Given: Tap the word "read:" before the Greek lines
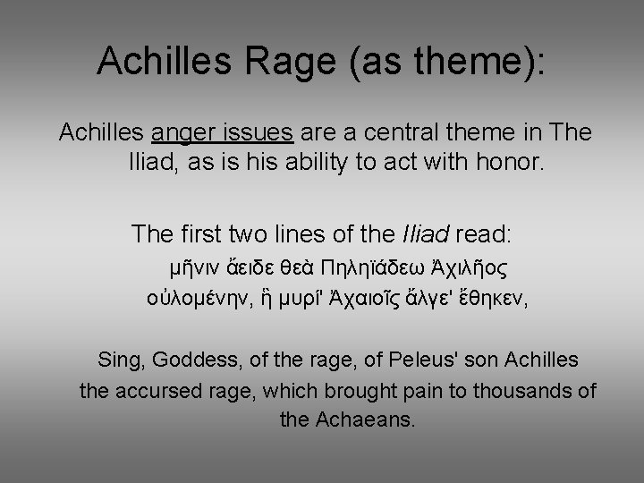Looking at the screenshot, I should [483, 234].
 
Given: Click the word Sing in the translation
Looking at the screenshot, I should [119, 360].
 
